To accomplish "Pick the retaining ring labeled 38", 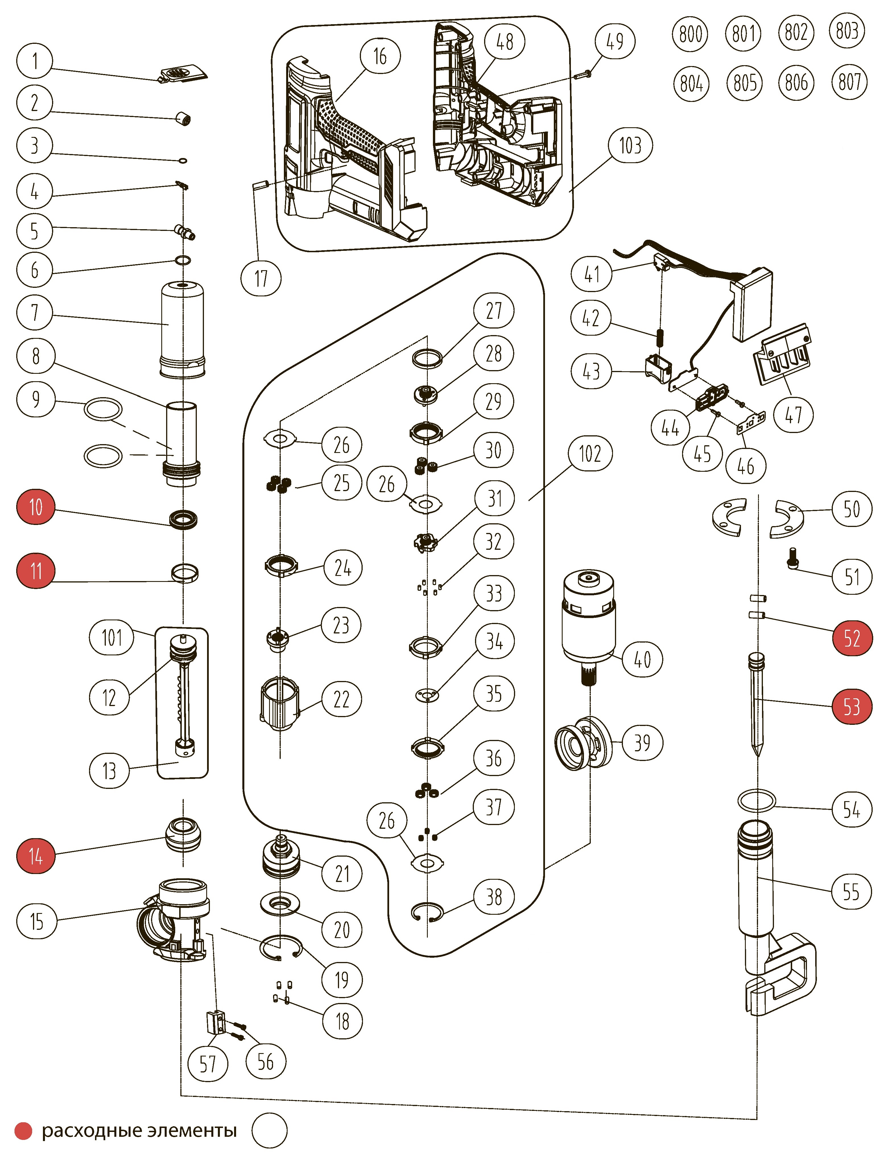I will (x=427, y=912).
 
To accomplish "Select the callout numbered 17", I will (x=261, y=278).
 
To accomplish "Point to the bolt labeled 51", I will (x=792, y=557).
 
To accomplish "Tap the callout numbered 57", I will (x=208, y=1063).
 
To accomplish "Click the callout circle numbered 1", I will (x=35, y=61).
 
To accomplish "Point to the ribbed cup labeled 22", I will (x=280, y=705).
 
